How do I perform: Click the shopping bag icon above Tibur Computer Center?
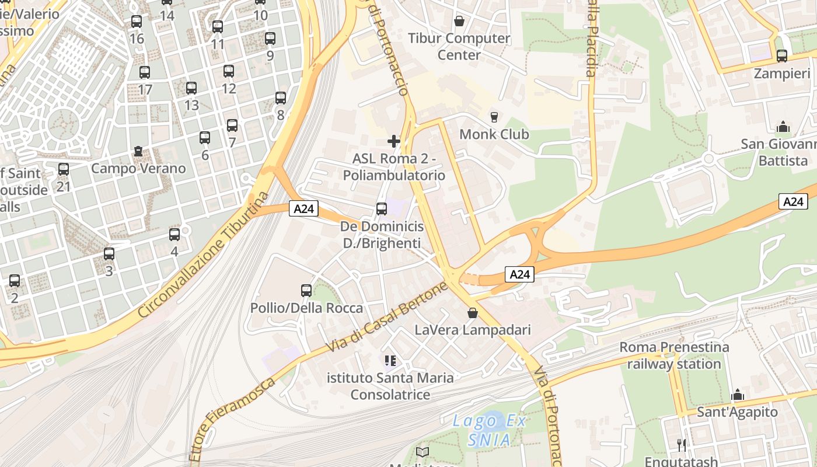459,21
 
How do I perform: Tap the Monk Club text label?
494,134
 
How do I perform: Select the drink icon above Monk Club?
494,117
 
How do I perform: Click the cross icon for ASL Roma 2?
394,141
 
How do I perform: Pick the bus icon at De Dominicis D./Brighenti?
382,209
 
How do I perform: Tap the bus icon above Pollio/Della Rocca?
306,290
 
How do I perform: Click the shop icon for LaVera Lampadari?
473,313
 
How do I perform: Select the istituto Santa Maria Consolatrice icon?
390,361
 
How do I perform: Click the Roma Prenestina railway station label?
674,356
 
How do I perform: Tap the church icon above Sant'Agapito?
738,395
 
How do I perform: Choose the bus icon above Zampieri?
782,56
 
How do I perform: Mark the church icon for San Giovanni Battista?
783,127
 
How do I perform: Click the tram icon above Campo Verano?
138,151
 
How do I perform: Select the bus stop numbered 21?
64,169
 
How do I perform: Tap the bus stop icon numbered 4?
174,235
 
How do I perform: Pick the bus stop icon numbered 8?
281,97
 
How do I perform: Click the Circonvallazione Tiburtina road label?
204,255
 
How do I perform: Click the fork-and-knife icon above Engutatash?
681,445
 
